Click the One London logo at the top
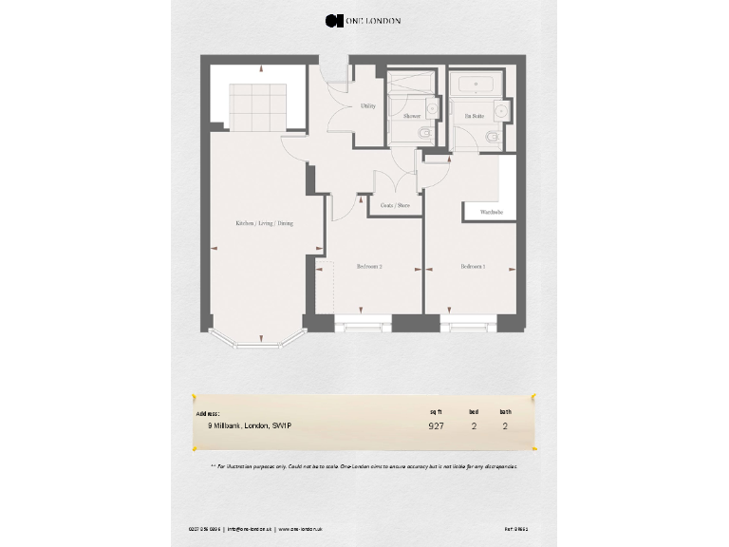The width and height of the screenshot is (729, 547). click(363, 20)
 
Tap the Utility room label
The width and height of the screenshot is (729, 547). click(367, 106)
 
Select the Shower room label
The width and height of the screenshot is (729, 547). click(411, 116)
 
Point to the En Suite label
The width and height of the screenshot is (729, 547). click(474, 116)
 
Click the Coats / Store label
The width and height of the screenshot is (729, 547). click(395, 205)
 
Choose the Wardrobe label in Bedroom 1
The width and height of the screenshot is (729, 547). click(492, 212)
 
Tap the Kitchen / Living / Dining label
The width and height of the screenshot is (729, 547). click(265, 223)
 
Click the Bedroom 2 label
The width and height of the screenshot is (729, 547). click(369, 267)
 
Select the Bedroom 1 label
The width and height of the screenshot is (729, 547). click(473, 267)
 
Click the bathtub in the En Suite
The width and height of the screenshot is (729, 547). click(476, 85)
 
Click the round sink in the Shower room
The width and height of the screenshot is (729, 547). click(432, 110)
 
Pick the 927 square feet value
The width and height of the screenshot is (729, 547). click(436, 426)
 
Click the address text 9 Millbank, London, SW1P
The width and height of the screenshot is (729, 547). click(250, 426)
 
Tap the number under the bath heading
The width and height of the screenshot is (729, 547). click(505, 426)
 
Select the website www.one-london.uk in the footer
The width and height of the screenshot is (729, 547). click(301, 527)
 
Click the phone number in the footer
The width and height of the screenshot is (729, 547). click(203, 527)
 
